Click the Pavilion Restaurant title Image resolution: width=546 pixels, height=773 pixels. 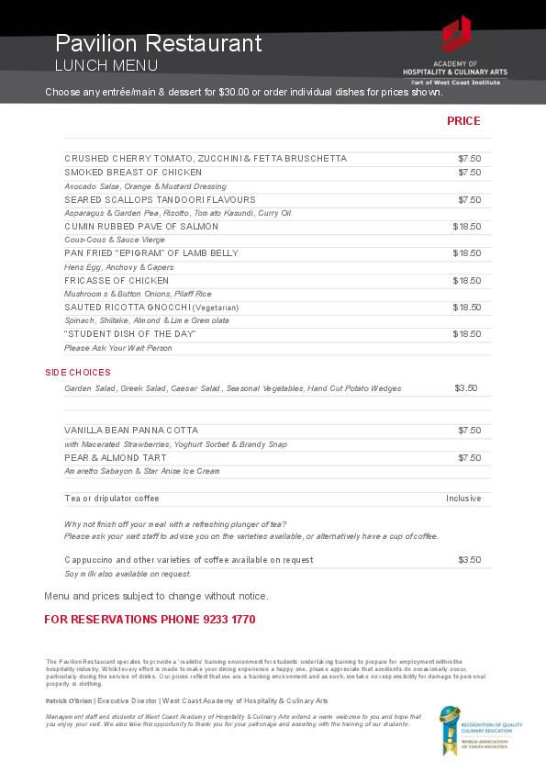pyautogui.click(x=158, y=43)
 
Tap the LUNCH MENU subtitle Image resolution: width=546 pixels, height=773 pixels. pyautogui.click(x=106, y=65)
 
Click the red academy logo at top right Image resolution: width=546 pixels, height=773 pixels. pyautogui.click(x=456, y=35)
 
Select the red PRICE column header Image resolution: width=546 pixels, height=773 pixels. pyautogui.click(x=463, y=121)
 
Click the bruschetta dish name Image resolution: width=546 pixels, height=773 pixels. pyautogui.click(x=206, y=159)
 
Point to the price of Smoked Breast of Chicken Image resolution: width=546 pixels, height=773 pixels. pyautogui.click(x=469, y=173)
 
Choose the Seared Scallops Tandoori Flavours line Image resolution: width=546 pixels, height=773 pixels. pyautogui.click(x=160, y=199)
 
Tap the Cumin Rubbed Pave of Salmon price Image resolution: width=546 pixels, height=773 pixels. pyautogui.click(x=466, y=226)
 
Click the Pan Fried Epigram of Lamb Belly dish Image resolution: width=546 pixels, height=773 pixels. pyautogui.click(x=151, y=253)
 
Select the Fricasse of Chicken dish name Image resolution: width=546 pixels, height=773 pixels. pyautogui.click(x=117, y=281)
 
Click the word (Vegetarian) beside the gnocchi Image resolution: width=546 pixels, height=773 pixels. pyautogui.click(x=216, y=308)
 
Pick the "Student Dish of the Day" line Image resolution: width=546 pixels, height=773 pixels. pyautogui.click(x=130, y=334)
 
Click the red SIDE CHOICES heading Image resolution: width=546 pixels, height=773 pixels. pyautogui.click(x=78, y=373)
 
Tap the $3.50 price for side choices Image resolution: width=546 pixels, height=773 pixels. pyautogui.click(x=466, y=388)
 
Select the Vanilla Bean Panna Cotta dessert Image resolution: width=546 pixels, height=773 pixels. pyautogui.click(x=131, y=431)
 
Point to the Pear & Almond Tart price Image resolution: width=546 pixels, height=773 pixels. pyautogui.click(x=469, y=458)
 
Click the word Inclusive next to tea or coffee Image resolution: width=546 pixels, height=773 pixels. pyautogui.click(x=463, y=499)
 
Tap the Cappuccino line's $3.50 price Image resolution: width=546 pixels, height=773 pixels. pyautogui.click(x=469, y=560)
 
